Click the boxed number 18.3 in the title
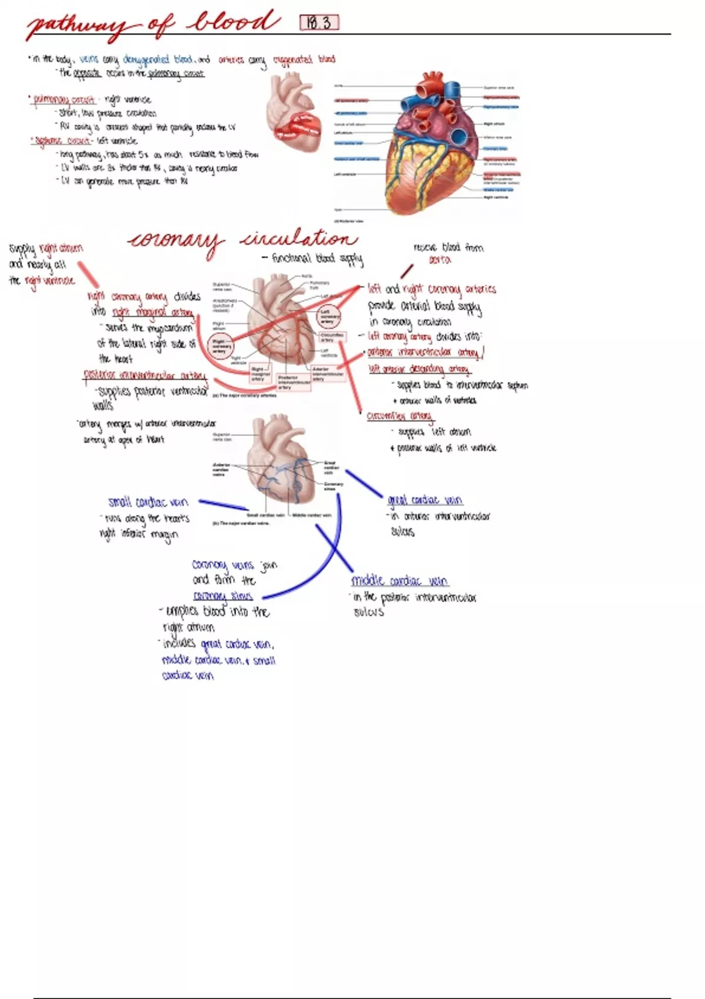click(320, 23)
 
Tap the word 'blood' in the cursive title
click(234, 22)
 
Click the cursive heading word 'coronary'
click(176, 240)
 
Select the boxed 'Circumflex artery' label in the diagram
click(332, 337)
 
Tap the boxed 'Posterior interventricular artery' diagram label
click(294, 383)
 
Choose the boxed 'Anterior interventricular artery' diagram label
click(328, 374)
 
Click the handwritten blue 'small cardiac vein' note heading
click(148, 502)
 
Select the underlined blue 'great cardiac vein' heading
click(425, 500)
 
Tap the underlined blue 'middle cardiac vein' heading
click(399, 581)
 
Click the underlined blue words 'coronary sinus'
click(223, 596)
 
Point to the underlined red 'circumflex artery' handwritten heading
click(399, 416)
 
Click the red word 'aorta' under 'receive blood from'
click(439, 260)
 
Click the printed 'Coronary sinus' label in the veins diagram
click(333, 486)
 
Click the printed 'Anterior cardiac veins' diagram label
click(221, 469)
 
